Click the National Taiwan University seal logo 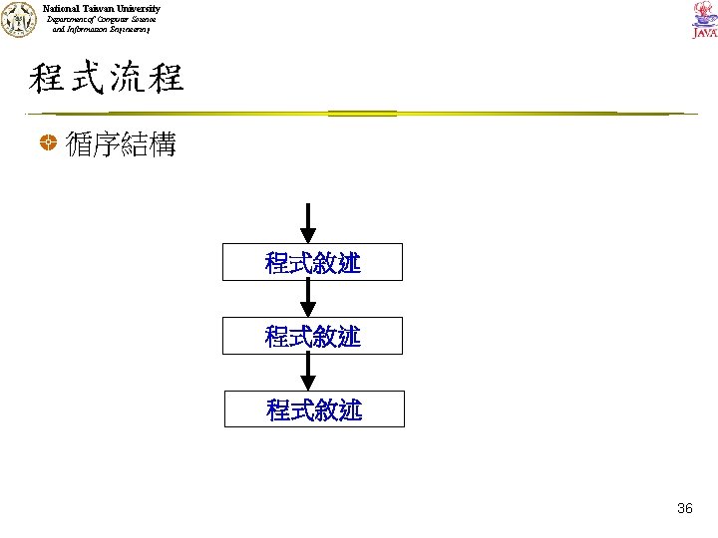(19, 20)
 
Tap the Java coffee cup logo (703, 19)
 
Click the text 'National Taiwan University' (101, 8)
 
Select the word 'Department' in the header (67, 19)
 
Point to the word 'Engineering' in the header (125, 30)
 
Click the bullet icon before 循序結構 (47, 146)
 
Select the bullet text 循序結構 (121, 146)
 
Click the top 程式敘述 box (313, 263)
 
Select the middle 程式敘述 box (313, 336)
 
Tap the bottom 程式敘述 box (314, 408)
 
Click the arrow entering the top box (309, 222)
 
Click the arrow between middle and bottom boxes (309, 372)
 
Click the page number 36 (684, 508)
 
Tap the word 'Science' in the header (141, 19)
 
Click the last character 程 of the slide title (166, 78)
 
